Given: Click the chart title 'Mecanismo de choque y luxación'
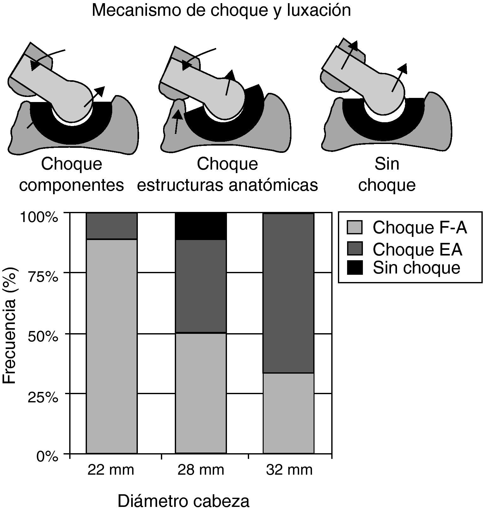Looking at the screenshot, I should coord(221,10).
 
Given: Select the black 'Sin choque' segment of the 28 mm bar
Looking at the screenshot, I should coord(201,226).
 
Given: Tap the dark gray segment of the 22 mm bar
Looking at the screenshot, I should coord(112,226).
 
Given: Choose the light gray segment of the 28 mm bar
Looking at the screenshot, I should coord(201,393).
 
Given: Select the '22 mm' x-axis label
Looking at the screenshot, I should coord(111,470).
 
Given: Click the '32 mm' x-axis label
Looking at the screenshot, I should coord(289,470).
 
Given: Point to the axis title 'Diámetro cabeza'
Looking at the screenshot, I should coord(183,501).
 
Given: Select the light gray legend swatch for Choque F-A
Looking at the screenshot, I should coord(355,227).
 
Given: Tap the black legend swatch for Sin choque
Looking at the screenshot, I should coord(355,268).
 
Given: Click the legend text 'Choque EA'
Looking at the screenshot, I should coord(417,249).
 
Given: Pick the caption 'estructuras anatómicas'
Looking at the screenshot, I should coord(227,185).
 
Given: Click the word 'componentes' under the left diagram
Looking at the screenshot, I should coord(71,185).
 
